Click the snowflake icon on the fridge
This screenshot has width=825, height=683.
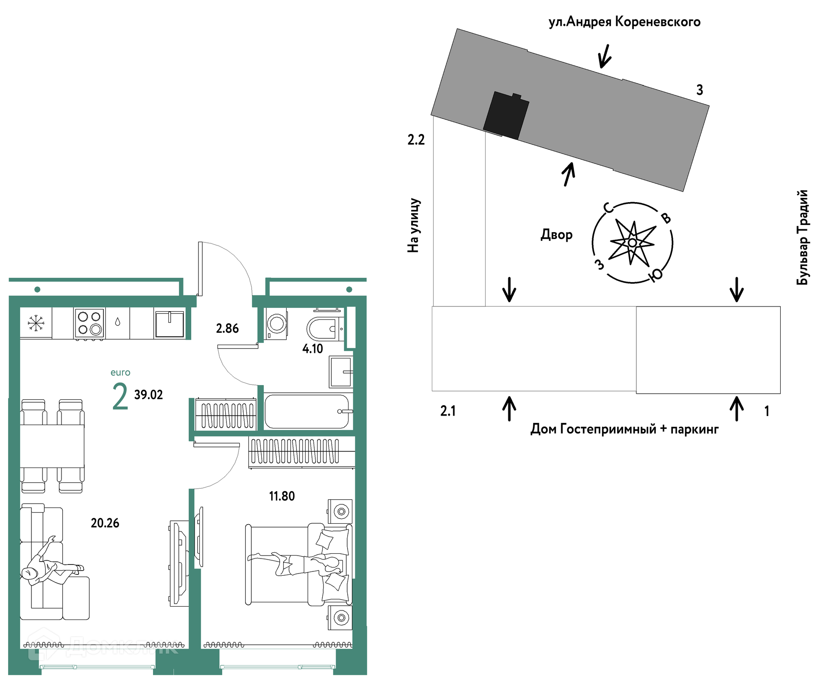tap(36, 323)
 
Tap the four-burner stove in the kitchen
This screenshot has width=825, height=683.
tap(89, 323)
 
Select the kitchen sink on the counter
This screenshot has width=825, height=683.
tap(170, 324)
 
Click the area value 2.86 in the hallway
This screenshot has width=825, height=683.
tap(227, 329)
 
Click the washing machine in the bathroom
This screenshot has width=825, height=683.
tap(277, 324)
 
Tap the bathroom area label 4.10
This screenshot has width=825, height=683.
tap(313, 349)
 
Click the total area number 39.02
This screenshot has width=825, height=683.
tap(149, 395)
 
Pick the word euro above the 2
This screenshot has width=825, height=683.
tap(120, 373)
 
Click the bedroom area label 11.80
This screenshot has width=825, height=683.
tap(282, 496)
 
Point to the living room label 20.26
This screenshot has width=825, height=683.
tap(105, 523)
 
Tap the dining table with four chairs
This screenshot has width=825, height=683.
tap(52, 446)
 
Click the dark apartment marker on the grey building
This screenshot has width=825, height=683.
tap(506, 115)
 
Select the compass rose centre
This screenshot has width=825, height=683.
tap(632, 243)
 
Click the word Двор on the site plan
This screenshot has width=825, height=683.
tap(556, 235)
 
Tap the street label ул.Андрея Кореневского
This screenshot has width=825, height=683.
tap(624, 21)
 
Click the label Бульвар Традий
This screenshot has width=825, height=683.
tap(802, 237)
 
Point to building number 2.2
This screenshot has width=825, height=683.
tap(416, 140)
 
